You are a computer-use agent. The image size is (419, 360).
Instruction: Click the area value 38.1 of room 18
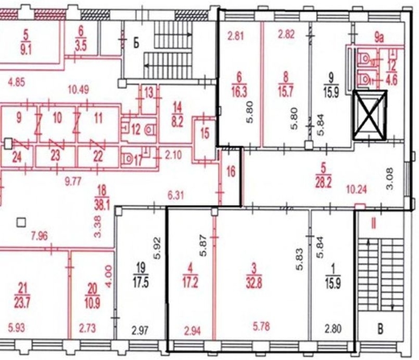tap(102, 205)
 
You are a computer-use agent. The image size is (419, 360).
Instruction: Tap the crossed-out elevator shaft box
tap(370, 115)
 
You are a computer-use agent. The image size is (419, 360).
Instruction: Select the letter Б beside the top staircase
tap(136, 43)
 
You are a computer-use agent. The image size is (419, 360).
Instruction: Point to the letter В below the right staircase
tap(380, 329)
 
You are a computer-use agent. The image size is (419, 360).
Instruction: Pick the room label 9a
tap(379, 38)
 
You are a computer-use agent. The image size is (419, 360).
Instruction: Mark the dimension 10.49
tap(78, 89)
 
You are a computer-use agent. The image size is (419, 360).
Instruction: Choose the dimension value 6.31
tap(175, 195)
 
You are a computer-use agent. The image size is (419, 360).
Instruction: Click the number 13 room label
tap(149, 93)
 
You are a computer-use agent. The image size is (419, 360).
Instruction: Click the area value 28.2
tap(323, 184)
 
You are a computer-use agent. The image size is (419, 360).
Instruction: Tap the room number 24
tap(17, 157)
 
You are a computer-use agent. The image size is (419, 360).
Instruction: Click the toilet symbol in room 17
tap(129, 159)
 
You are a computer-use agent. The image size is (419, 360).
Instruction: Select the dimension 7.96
tap(40, 236)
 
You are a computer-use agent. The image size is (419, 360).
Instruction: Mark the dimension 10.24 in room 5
tap(357, 190)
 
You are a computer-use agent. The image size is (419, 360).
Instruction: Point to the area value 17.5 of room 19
tap(141, 283)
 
